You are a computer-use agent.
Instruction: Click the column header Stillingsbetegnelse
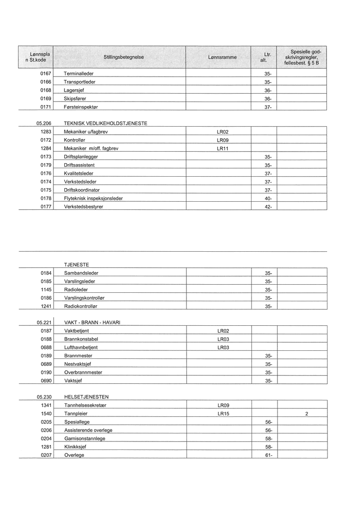[123, 58]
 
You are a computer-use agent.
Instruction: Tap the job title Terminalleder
[78, 74]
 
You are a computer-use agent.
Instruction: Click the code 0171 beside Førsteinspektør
[46, 107]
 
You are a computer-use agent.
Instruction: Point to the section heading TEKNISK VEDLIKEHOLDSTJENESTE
[105, 123]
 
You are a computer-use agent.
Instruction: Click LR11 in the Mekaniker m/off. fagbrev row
[222, 149]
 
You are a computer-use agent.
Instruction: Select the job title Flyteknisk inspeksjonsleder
[93, 198]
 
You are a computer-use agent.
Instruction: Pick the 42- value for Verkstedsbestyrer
[267, 207]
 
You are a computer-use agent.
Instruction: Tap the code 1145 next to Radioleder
[46, 289]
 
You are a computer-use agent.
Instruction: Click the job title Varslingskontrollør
[84, 298]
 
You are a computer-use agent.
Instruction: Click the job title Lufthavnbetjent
[81, 347]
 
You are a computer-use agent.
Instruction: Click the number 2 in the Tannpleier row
[306, 414]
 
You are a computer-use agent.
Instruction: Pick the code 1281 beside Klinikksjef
[46, 446]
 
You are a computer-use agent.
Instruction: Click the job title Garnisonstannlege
[84, 438]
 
